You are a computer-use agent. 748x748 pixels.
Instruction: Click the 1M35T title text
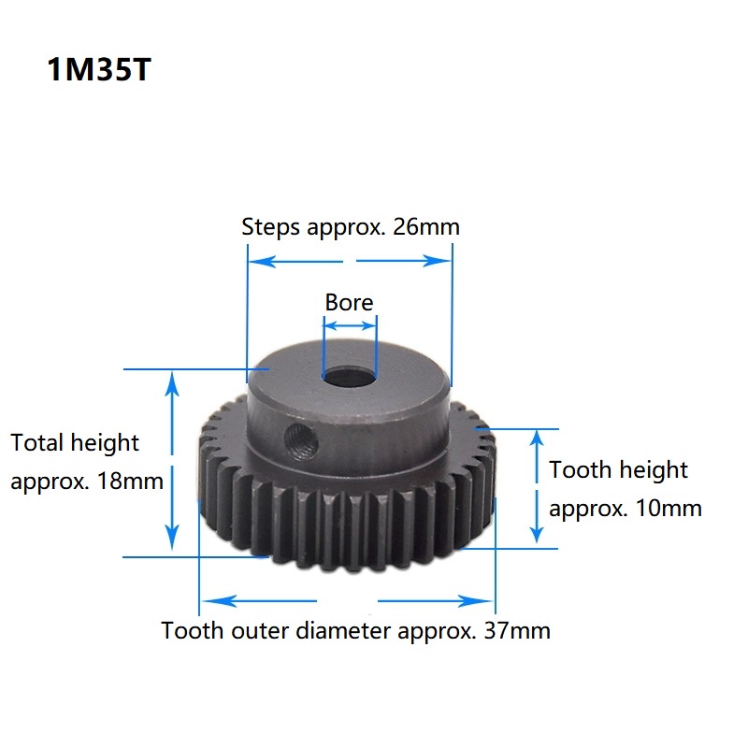point(99,69)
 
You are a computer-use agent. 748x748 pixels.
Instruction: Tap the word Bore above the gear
point(349,302)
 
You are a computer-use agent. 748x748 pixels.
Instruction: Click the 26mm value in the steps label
point(426,226)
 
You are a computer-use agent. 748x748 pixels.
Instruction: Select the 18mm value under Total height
point(130,481)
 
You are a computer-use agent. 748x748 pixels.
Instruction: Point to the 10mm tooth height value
point(669,508)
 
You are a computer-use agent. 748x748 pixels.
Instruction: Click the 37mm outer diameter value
point(517,630)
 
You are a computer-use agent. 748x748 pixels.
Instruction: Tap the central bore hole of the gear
point(350,378)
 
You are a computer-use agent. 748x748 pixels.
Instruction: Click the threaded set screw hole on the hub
point(302,442)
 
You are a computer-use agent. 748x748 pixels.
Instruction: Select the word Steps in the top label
point(270,227)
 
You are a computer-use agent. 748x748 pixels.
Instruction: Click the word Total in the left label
point(36,442)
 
